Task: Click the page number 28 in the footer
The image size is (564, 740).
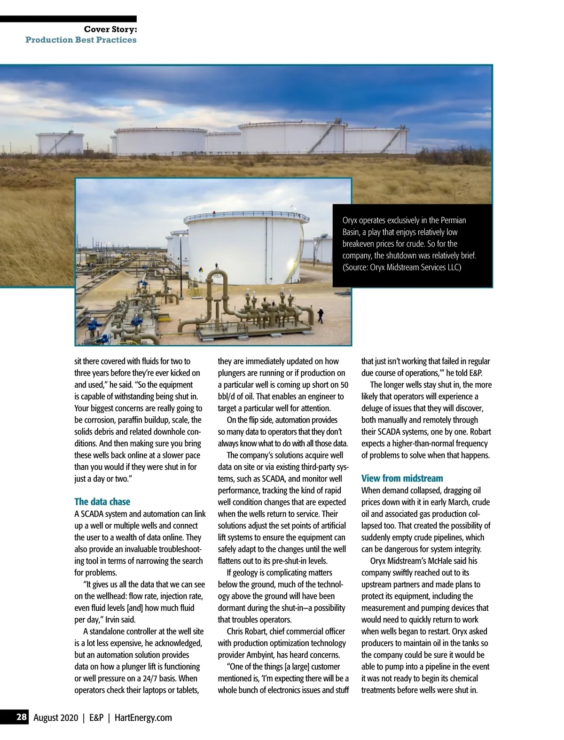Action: (x=22, y=717)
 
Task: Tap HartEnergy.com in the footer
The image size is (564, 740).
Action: (x=143, y=717)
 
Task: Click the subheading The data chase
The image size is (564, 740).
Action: (x=102, y=501)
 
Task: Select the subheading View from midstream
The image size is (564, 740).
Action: (x=402, y=478)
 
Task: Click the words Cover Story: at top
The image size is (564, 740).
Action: (x=110, y=29)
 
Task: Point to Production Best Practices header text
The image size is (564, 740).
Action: (x=81, y=40)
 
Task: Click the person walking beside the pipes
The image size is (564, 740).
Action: (x=321, y=315)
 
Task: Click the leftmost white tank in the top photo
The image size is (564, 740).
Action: (x=60, y=143)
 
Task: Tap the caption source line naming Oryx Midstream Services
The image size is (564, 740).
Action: (x=402, y=267)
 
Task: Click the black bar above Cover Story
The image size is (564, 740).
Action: (x=68, y=19)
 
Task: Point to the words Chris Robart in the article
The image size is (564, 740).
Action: (x=248, y=631)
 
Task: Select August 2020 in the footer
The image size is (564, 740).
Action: (x=55, y=717)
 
